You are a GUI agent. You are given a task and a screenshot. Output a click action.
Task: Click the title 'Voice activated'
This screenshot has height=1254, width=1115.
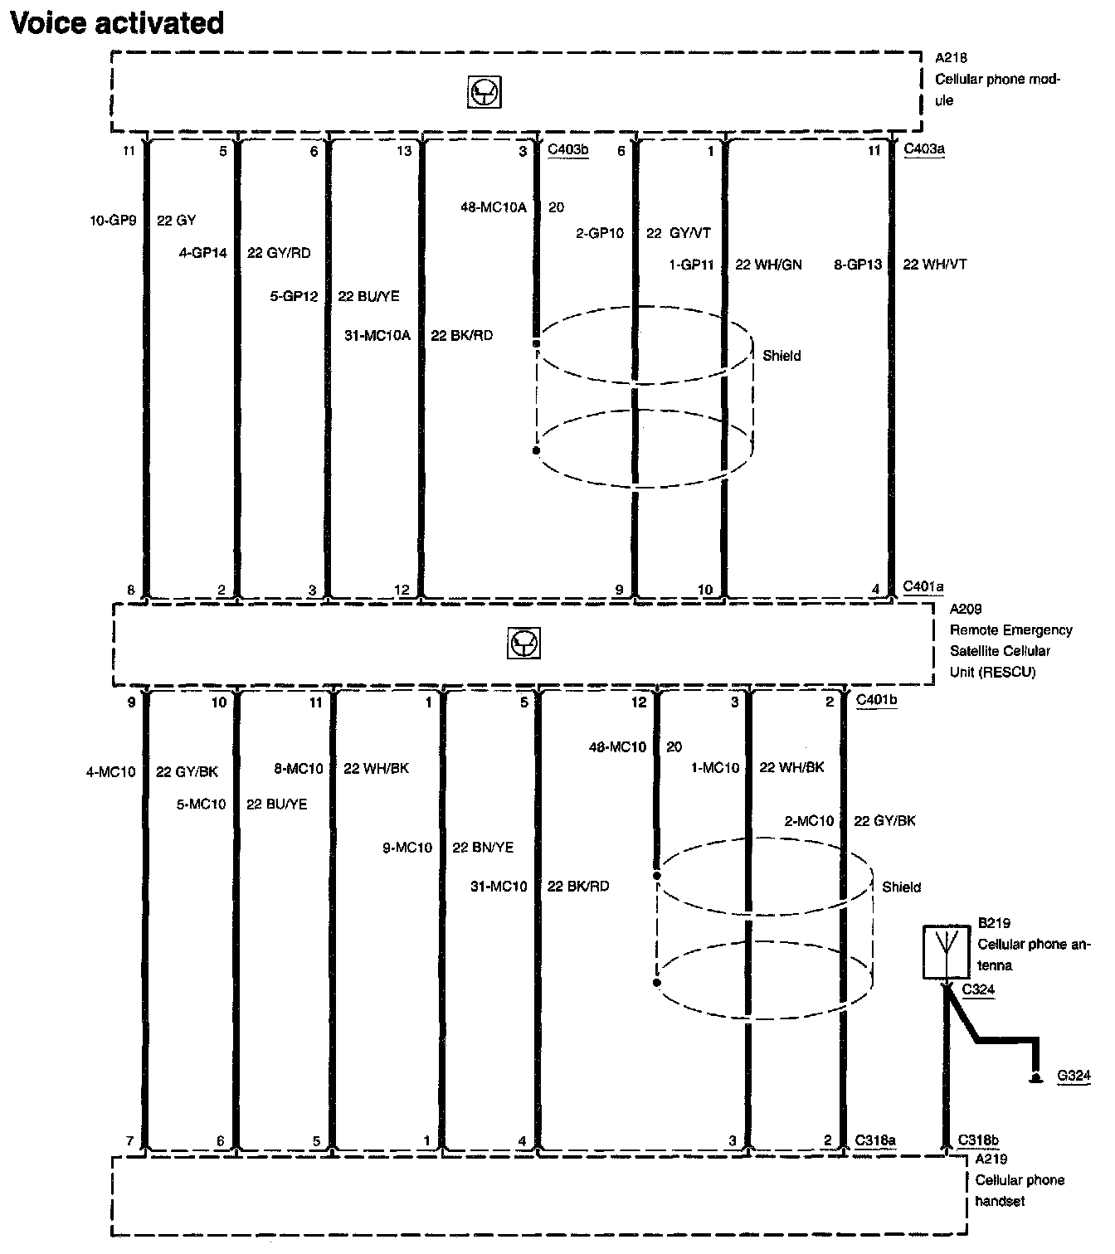click(116, 22)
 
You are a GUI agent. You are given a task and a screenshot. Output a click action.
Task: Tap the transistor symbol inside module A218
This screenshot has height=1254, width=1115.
click(485, 93)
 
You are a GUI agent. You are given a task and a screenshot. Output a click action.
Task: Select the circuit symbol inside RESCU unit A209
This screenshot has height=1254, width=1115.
click(523, 644)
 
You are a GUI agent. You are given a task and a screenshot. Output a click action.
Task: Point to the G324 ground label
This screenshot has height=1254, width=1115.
click(1074, 1077)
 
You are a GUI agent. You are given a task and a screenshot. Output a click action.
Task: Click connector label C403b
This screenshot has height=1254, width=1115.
click(568, 151)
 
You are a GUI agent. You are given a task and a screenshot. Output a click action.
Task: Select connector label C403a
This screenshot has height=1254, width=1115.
click(924, 149)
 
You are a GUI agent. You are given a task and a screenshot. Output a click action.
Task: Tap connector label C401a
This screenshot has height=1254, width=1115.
click(923, 587)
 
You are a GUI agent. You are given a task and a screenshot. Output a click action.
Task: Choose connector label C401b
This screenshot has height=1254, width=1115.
click(877, 700)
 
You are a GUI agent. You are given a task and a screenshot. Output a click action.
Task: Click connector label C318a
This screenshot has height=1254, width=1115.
click(875, 1140)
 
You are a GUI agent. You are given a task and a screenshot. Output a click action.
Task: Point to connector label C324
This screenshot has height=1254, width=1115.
click(979, 989)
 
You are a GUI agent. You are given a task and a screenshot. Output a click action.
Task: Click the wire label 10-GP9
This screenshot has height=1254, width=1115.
click(113, 221)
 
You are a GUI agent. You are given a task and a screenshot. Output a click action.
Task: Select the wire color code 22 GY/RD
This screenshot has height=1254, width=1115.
click(279, 253)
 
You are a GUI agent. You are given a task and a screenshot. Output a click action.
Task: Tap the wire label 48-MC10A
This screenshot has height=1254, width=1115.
click(494, 207)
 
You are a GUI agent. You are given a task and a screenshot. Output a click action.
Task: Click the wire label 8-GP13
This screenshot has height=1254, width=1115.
click(858, 265)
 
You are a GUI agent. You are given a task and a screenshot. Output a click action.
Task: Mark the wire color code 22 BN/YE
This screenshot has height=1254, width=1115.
click(483, 848)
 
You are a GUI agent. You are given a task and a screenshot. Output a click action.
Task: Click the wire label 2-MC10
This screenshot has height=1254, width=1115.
click(809, 821)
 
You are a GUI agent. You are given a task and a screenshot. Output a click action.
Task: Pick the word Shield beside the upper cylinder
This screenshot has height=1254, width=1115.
click(781, 356)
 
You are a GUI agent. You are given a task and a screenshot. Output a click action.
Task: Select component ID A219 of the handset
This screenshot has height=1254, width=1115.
click(991, 1159)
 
